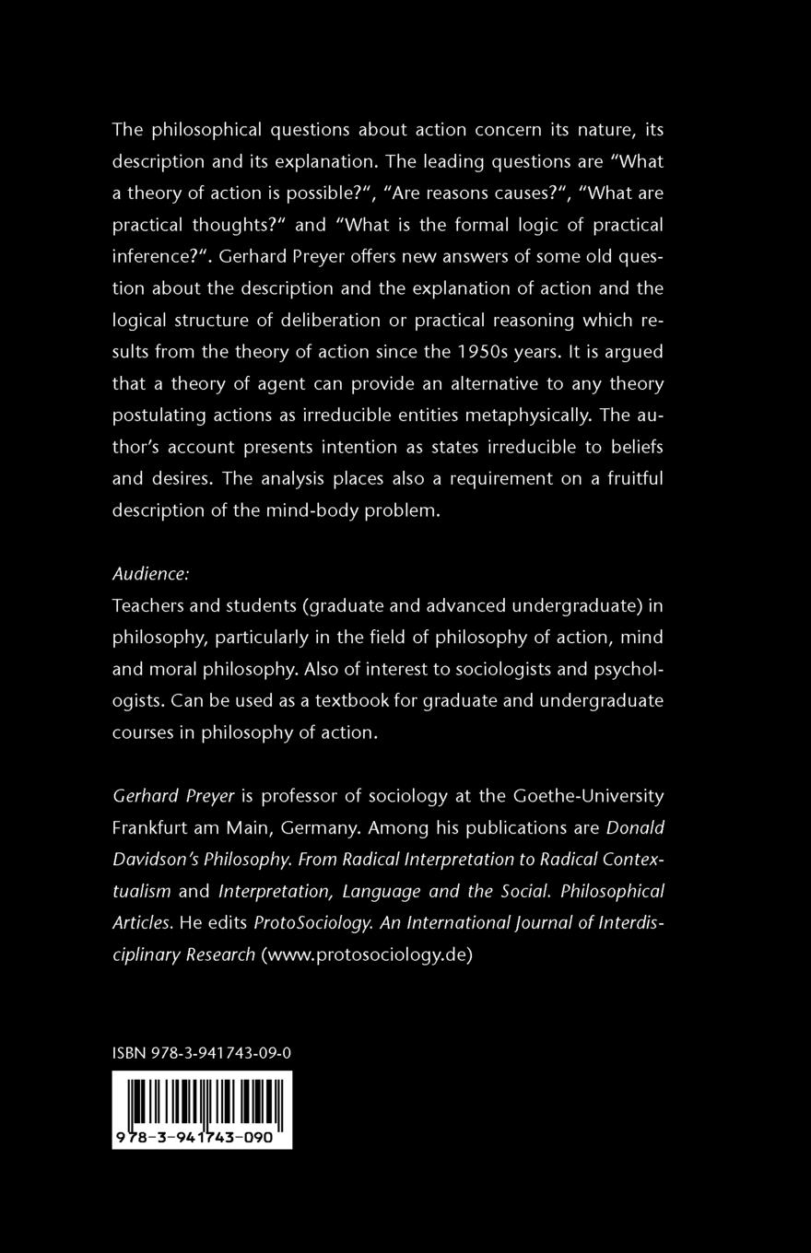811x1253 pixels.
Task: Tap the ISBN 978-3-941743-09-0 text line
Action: [x=201, y=1053]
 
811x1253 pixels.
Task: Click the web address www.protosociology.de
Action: [x=367, y=954]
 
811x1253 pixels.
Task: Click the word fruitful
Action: [x=626, y=478]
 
